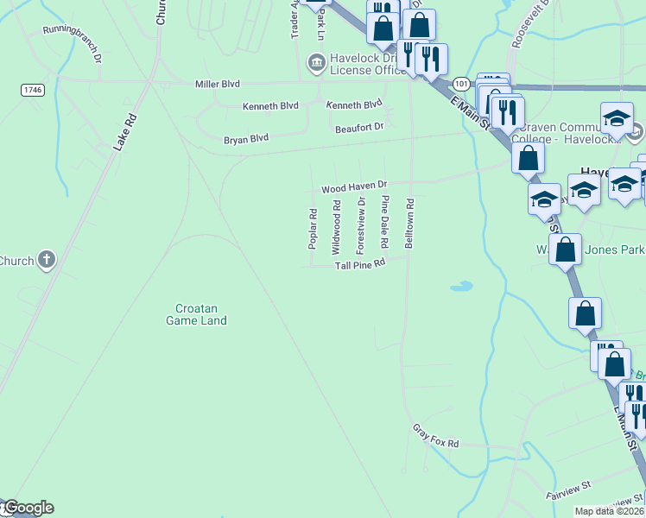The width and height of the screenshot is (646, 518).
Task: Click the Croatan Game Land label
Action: [x=196, y=314]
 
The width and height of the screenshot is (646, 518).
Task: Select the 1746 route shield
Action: [x=33, y=90]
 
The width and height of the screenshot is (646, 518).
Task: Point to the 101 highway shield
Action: [x=461, y=84]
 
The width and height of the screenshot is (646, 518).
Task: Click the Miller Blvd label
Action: [x=217, y=84]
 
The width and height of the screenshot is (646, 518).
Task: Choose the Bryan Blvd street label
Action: [x=246, y=138]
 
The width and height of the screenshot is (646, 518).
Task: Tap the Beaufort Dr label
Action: [x=358, y=127]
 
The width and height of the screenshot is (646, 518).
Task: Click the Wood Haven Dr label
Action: [x=355, y=186]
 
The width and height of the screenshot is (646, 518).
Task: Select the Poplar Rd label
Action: [x=313, y=230]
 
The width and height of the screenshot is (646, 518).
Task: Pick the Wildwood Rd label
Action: [x=337, y=227]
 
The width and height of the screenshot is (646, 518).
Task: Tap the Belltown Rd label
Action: [x=410, y=224]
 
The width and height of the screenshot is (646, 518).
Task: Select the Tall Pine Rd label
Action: [x=359, y=265]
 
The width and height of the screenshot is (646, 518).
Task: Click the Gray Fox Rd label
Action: [x=435, y=436]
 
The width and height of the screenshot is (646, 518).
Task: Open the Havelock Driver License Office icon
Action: [x=315, y=62]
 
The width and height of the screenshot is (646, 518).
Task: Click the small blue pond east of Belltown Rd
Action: [x=462, y=286]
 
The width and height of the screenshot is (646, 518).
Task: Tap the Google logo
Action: [x=28, y=508]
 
